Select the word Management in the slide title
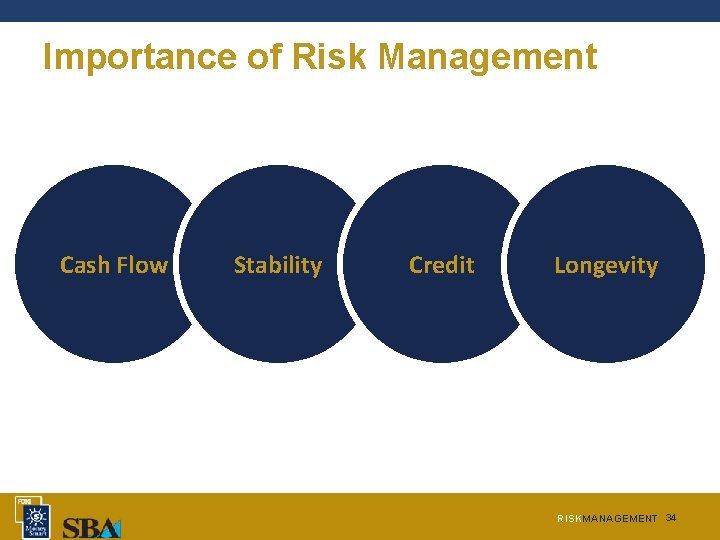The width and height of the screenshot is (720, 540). coord(487,57)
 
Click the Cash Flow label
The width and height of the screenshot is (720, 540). coord(113,265)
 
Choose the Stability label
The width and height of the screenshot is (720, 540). coord(277,265)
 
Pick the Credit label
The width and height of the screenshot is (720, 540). coord(441,265)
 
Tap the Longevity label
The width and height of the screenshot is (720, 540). coord(606,266)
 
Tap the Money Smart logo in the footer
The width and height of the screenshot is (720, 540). coord(36,521)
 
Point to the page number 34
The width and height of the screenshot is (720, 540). coord(671,517)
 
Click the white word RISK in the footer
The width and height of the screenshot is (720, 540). coord(568,519)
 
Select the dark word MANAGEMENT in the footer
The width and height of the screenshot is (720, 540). coord(619,519)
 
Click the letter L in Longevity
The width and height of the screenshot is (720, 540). coord(560,265)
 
